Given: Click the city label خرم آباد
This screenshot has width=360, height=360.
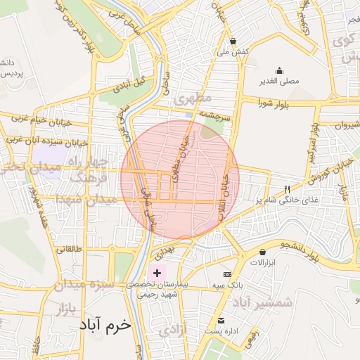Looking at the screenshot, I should (x=105, y=326).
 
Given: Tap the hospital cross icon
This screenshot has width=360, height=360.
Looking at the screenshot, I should (x=156, y=272).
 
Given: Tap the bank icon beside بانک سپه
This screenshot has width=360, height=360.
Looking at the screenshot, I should (x=227, y=274).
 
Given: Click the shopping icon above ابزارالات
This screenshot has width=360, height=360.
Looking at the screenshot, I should (x=263, y=251).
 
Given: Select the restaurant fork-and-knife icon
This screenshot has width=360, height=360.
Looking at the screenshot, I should (x=287, y=189).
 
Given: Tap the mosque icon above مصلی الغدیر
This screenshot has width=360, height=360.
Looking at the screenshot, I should (x=280, y=70).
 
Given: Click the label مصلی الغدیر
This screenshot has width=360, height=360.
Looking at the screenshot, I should (x=280, y=82).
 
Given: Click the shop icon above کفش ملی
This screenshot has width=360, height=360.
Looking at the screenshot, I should (x=233, y=41).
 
